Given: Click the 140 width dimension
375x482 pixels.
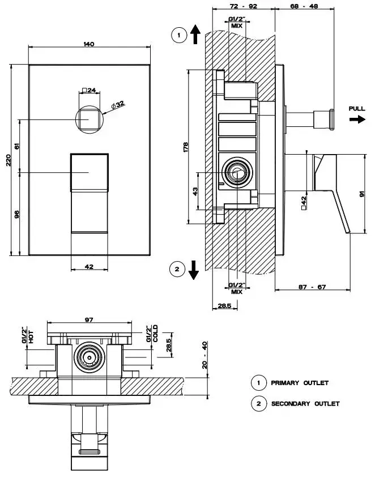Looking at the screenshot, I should tap(89, 44).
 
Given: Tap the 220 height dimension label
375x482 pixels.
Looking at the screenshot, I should tap(8, 161).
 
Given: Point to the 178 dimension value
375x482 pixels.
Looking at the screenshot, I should tap(186, 146).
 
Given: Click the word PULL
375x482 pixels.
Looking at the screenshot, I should tap(357, 108).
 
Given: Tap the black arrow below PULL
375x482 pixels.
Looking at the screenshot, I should tap(357, 120).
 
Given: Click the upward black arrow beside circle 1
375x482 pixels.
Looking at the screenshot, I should tap(194, 35).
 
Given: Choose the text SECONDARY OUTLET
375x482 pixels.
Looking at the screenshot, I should tap(305, 404).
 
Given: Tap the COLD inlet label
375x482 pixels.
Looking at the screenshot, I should tap(155, 335).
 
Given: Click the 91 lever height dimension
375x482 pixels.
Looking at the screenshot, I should tap(361, 193).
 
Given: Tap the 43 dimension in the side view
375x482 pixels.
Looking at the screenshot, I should tap(196, 191).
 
